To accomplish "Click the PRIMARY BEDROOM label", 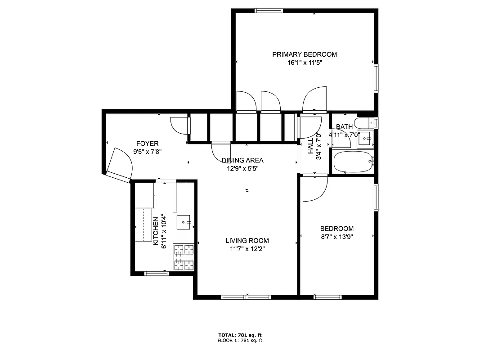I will pos(304,54).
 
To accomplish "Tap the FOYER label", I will pos(147,144).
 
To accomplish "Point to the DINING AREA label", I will pos(242,160).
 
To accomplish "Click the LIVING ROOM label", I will pos(247,241).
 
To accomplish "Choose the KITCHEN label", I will pos(156,231).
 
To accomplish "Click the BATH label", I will pos(344,127).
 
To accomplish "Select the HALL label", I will pos(310,146).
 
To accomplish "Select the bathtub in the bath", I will pos(353,162).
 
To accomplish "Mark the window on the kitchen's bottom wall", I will pos(156,273).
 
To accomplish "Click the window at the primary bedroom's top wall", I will pos(269,10).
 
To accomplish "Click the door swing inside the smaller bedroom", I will pos(314,189).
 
